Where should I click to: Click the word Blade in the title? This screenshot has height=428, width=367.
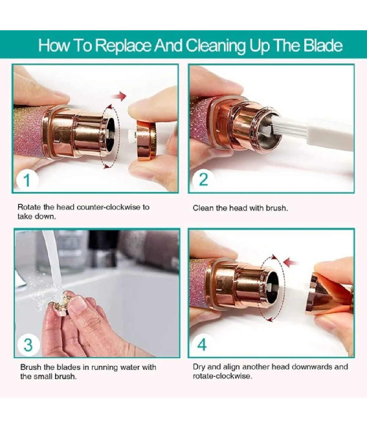coord(324,45)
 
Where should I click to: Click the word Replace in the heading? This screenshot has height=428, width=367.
coord(123,45)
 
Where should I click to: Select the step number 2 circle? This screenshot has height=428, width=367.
coord(203,179)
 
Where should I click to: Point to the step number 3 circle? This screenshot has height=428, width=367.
coord(28,345)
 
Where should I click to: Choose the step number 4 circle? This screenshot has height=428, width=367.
coord(202,344)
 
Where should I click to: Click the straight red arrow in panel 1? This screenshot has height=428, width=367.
coord(119,96)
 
